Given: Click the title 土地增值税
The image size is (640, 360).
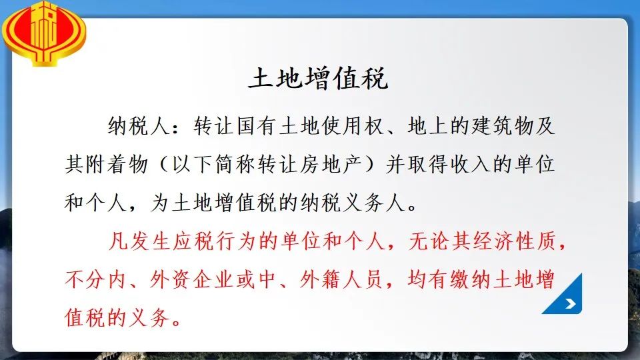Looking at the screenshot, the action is coord(319,78).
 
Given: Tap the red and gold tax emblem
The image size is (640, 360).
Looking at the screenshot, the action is coord(44,33).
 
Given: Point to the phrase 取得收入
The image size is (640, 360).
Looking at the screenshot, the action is coord(448,164).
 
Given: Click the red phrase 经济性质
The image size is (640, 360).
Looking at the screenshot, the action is coord(514,241).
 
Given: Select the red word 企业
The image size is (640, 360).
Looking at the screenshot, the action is coord(213,279).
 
